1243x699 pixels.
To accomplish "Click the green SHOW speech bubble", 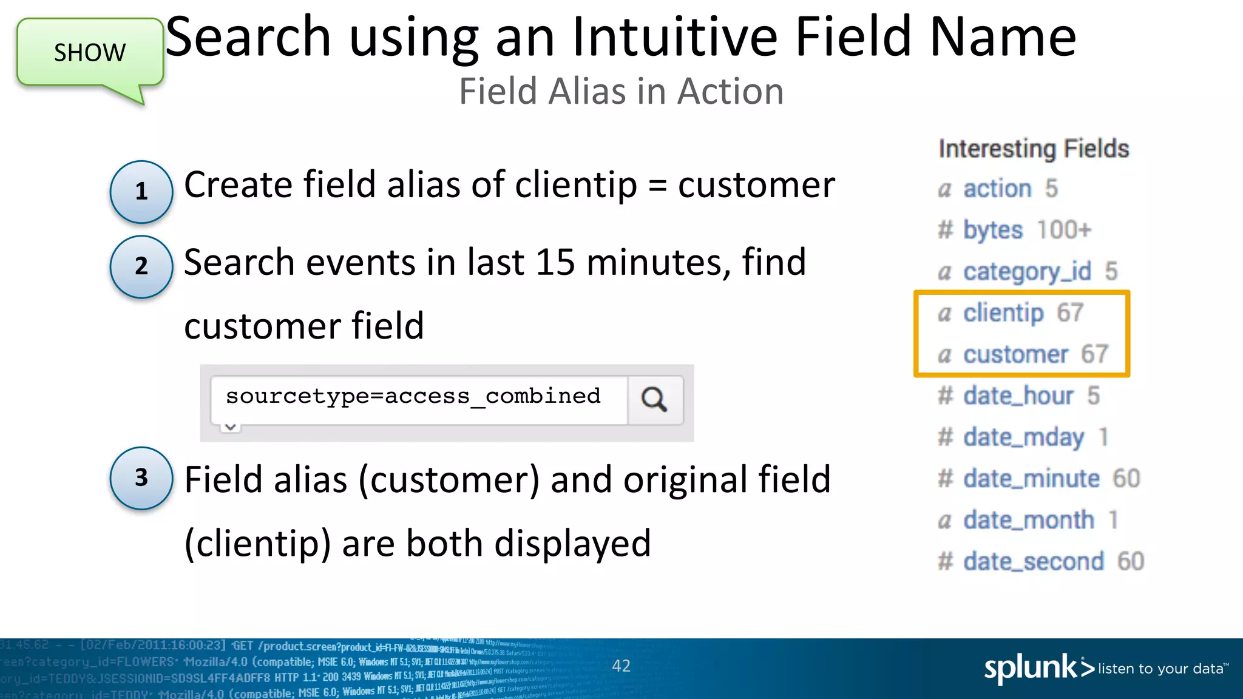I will [x=90, y=53].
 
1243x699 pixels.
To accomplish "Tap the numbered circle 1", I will [x=141, y=191].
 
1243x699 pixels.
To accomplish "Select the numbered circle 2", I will [x=141, y=266].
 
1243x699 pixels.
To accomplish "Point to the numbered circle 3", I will [x=141, y=478].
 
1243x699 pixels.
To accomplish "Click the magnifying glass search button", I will [x=654, y=399].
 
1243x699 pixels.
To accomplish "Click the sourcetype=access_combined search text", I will [x=413, y=396].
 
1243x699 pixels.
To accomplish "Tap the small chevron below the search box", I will [x=230, y=427].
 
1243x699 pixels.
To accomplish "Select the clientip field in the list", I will [x=1003, y=313].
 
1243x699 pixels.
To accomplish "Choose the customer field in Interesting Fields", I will [x=1015, y=354].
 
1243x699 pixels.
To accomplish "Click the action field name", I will [x=997, y=189].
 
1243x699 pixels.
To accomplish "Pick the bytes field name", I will [x=993, y=231].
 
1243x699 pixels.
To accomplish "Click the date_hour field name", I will [x=1018, y=396].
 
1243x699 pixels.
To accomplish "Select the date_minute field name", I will [x=1031, y=479].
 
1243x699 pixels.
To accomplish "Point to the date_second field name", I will [x=1034, y=561].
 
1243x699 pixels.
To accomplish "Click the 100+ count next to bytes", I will [x=1064, y=230].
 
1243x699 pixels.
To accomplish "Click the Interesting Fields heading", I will [x=1034, y=149].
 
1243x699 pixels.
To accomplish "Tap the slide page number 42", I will [x=621, y=666].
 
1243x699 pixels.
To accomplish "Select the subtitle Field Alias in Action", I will [x=621, y=92].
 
